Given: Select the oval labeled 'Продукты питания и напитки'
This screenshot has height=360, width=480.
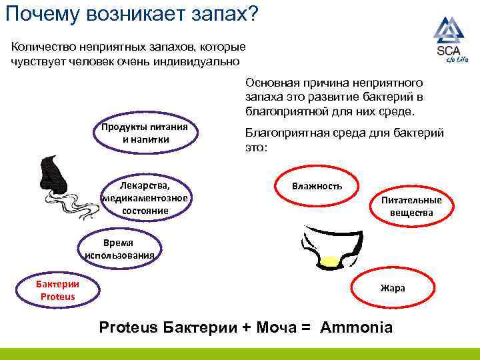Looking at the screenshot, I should tap(145, 133).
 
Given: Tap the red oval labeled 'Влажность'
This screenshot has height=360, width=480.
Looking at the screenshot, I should tap(317, 186).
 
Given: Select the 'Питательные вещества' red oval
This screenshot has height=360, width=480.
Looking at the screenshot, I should tap(411, 206).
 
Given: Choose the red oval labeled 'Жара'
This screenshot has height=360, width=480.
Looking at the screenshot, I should tap(393, 289).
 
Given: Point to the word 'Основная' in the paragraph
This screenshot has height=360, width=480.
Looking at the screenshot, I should tap(271, 83).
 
